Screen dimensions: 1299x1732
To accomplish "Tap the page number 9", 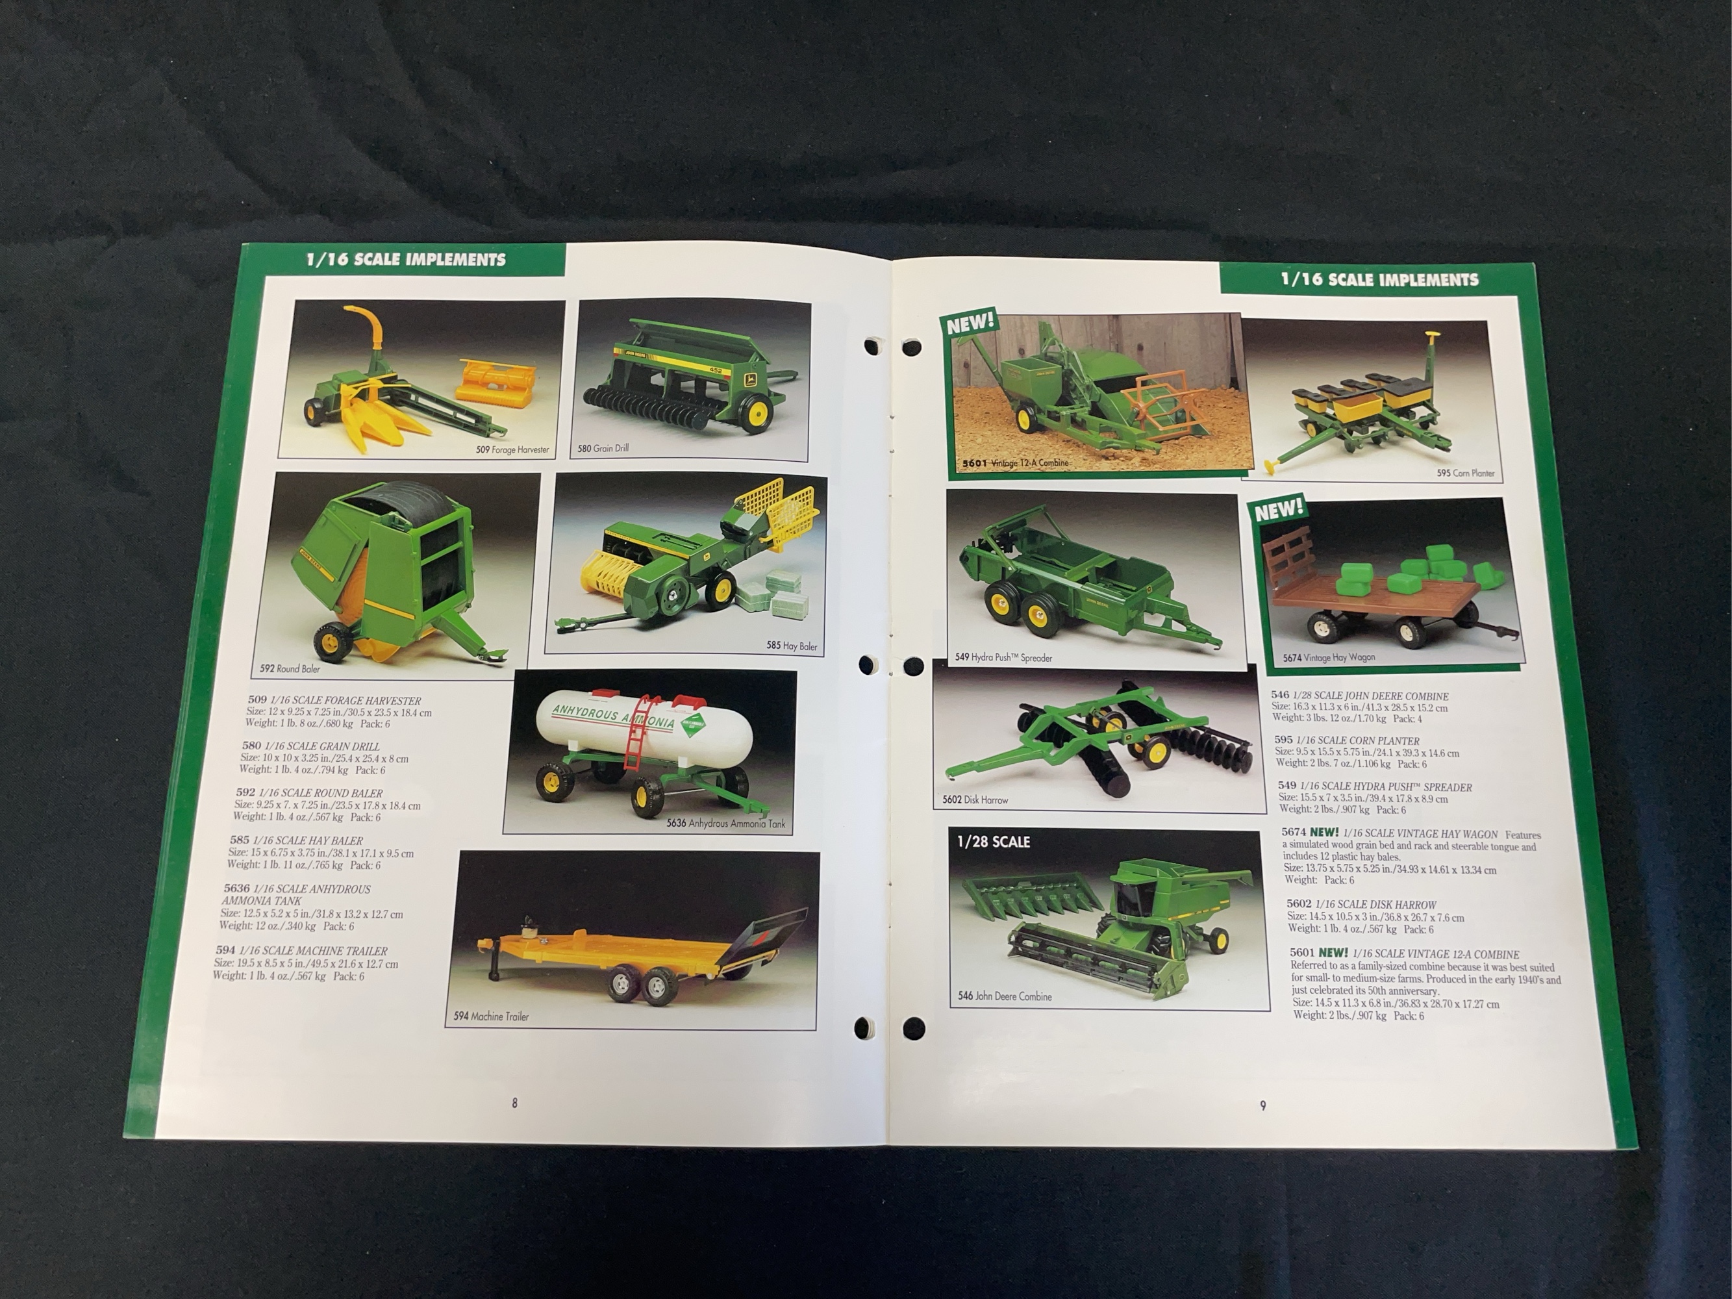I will [1262, 1105].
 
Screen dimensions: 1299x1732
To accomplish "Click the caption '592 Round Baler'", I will [290, 669].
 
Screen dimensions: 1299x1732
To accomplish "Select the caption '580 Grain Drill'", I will [603, 449].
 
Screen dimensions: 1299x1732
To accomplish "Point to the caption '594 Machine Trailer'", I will [491, 1016].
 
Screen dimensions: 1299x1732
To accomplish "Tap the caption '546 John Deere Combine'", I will [1005, 996].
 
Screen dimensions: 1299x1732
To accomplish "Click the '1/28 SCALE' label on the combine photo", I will [993, 842].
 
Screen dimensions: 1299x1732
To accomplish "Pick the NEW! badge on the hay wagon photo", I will [1279, 510].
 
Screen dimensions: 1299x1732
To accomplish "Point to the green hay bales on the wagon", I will [1417, 572].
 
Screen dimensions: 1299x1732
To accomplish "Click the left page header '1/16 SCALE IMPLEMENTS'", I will [406, 259].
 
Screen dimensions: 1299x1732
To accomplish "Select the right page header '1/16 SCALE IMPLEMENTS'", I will [1379, 279].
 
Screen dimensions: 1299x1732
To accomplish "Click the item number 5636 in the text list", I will [236, 889].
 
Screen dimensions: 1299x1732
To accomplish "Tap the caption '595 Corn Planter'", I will [1465, 473].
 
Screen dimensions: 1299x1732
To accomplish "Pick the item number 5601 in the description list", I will [1303, 953].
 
